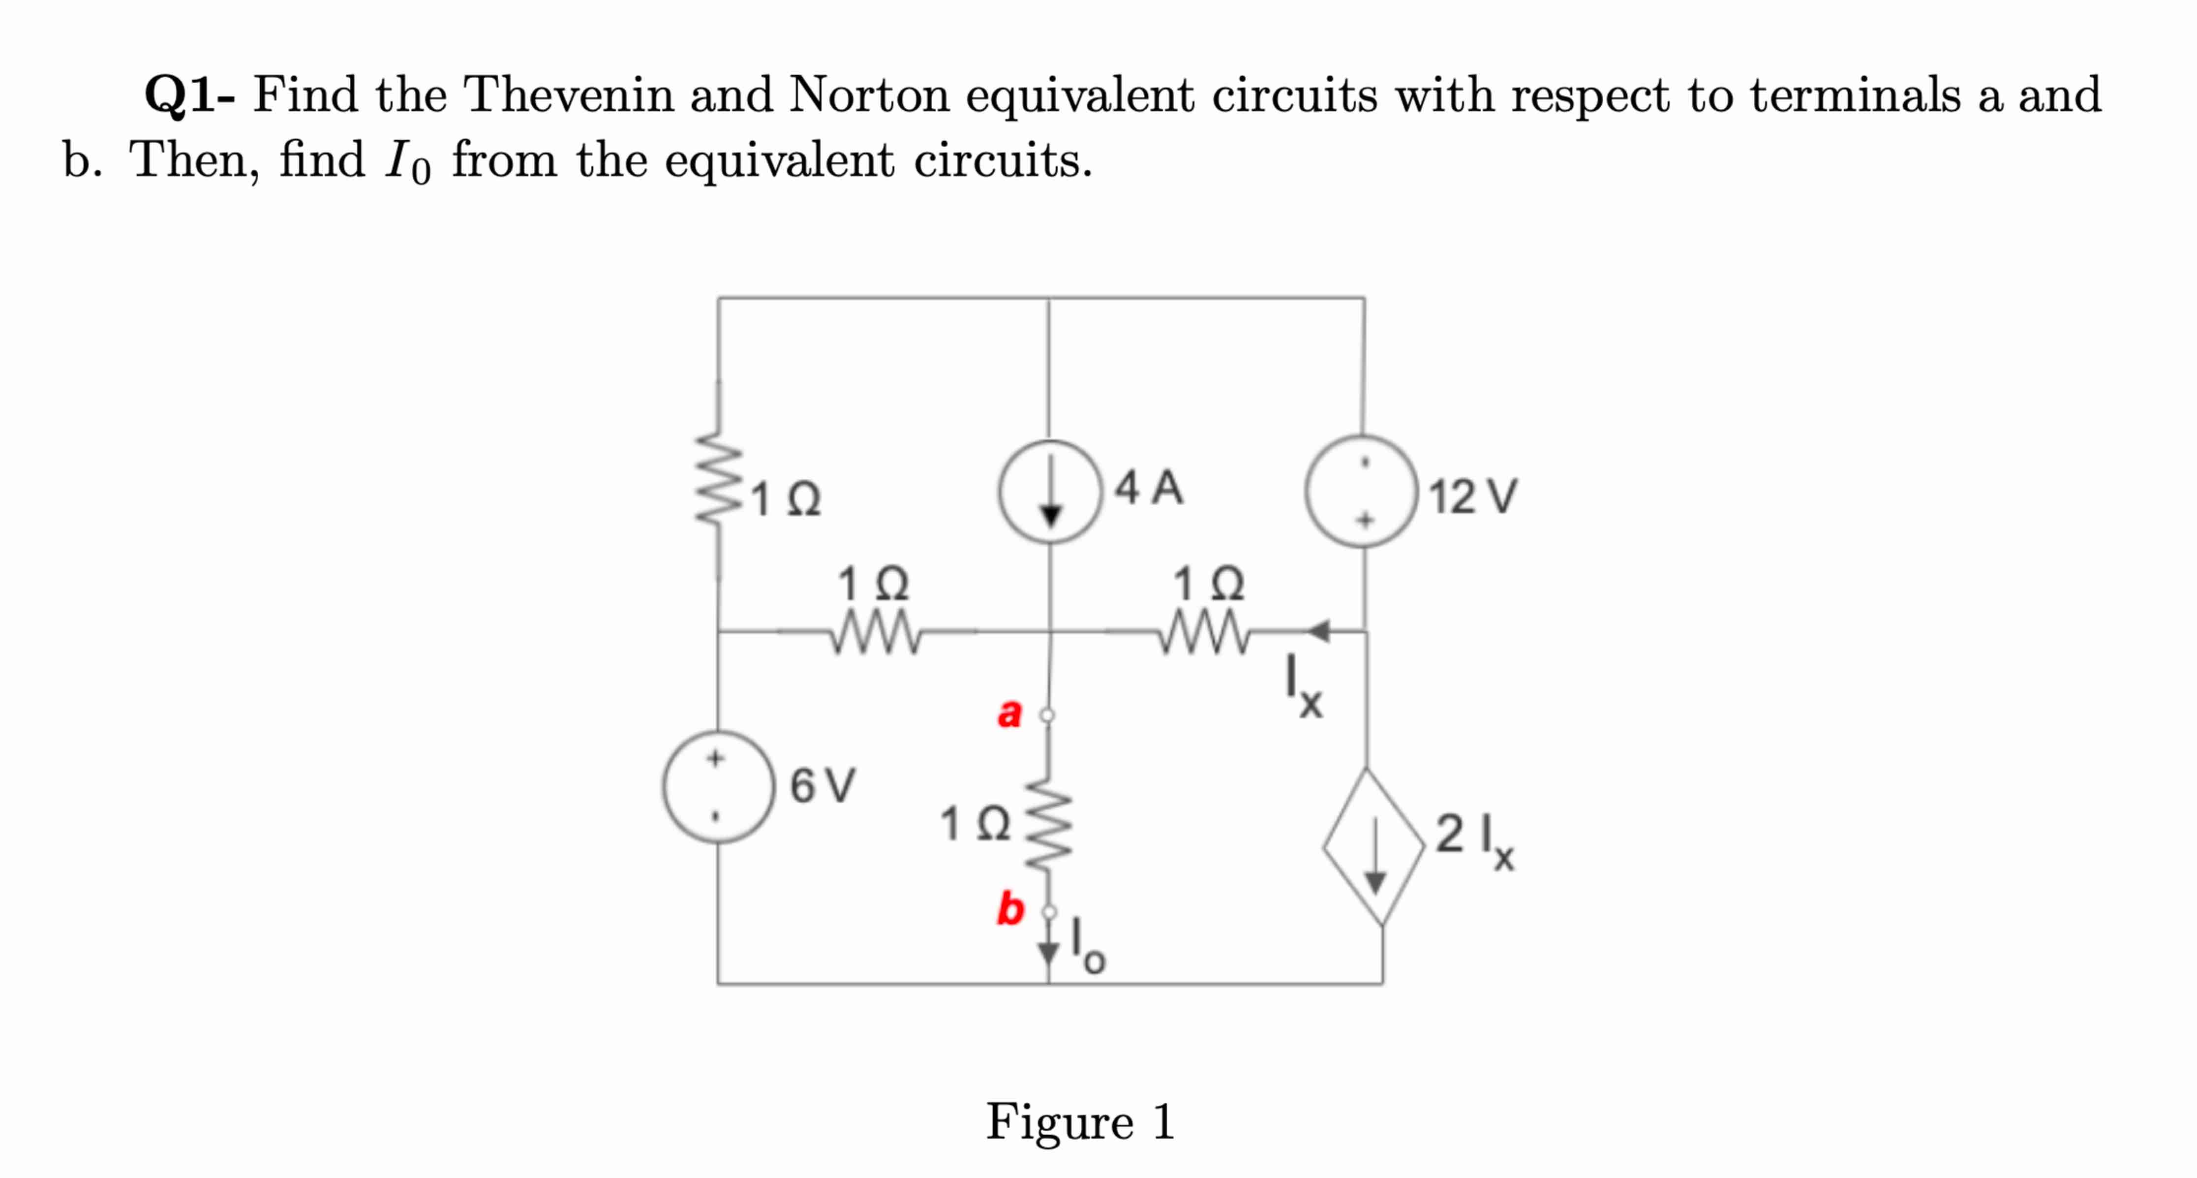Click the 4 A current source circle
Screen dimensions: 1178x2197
click(1050, 492)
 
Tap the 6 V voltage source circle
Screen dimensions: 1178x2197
click(719, 786)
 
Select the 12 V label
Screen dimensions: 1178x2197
click(1473, 496)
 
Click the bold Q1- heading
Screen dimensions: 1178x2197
click(189, 94)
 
